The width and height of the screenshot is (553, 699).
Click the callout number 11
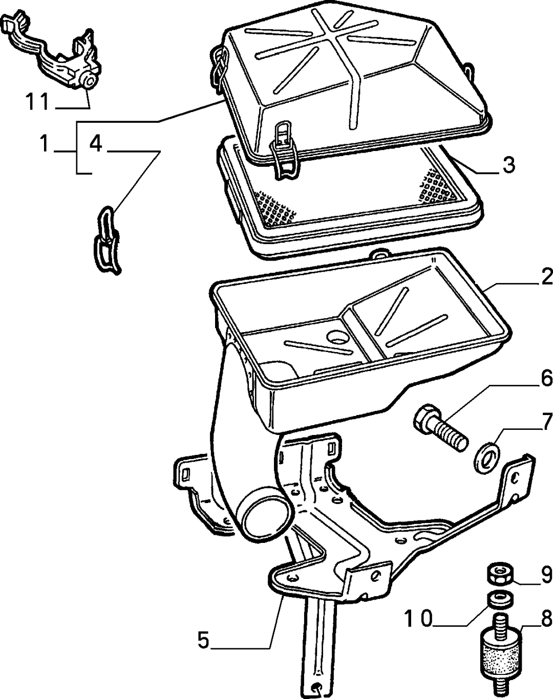37,102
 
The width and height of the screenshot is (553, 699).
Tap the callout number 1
44,144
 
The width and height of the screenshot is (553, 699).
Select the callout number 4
96,143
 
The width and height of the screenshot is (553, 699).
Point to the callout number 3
509,165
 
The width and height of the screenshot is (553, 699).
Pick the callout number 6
547,378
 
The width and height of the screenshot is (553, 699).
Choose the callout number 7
547,421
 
